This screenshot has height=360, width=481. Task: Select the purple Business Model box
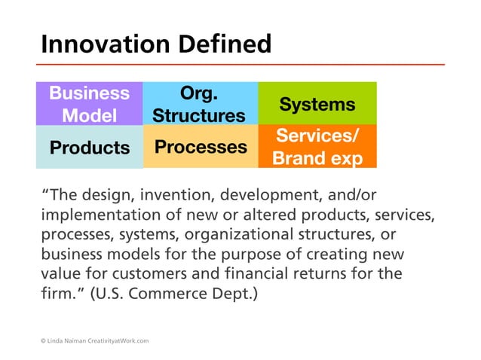tap(89, 104)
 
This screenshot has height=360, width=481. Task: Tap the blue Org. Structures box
tap(199, 104)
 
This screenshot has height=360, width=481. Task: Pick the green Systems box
tap(317, 104)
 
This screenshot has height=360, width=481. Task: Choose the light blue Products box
tap(89, 148)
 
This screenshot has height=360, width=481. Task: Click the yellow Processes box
tap(200, 147)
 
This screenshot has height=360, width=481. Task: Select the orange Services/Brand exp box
tap(317, 147)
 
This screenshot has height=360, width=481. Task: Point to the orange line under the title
tap(241, 64)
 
